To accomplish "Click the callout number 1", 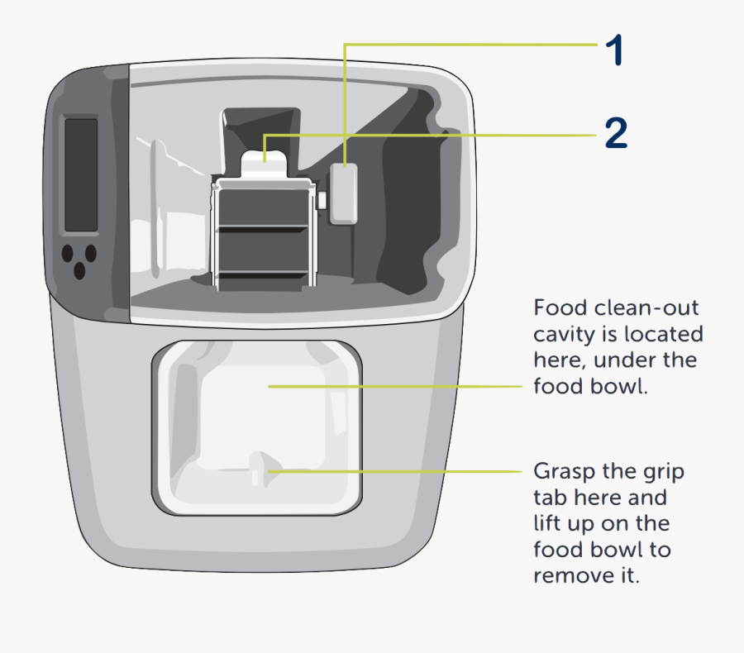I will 613,51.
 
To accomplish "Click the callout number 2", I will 616,132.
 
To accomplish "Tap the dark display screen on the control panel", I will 81,174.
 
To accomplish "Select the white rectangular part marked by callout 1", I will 344,194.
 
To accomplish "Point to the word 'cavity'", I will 562,335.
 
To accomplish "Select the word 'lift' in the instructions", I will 548,523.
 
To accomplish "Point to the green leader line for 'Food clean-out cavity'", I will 397,385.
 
